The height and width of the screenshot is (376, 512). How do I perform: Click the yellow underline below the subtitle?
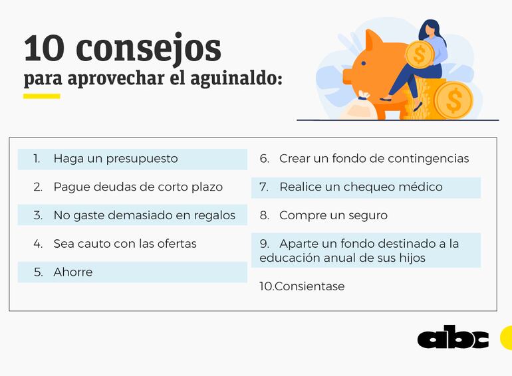41,96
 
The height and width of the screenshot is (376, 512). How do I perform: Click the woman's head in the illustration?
429,30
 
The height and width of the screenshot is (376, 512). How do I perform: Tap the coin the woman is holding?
420,54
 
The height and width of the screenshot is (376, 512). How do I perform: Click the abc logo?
453,338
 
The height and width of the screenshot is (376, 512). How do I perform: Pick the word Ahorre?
73,272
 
